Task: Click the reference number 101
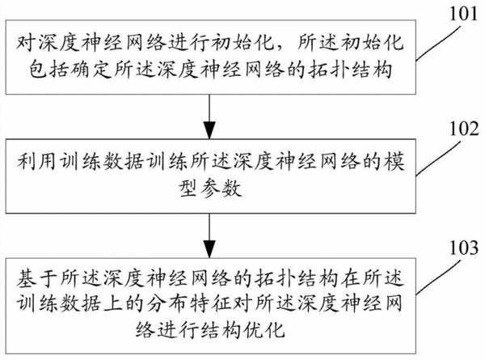click(463, 15)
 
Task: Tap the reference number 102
click(464, 129)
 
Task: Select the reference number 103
click(464, 248)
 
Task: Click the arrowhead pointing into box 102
click(209, 130)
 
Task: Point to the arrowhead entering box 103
click(209, 249)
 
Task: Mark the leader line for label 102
click(439, 159)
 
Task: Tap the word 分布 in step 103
click(167, 303)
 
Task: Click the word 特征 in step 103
click(210, 303)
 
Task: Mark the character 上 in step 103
click(112, 303)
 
